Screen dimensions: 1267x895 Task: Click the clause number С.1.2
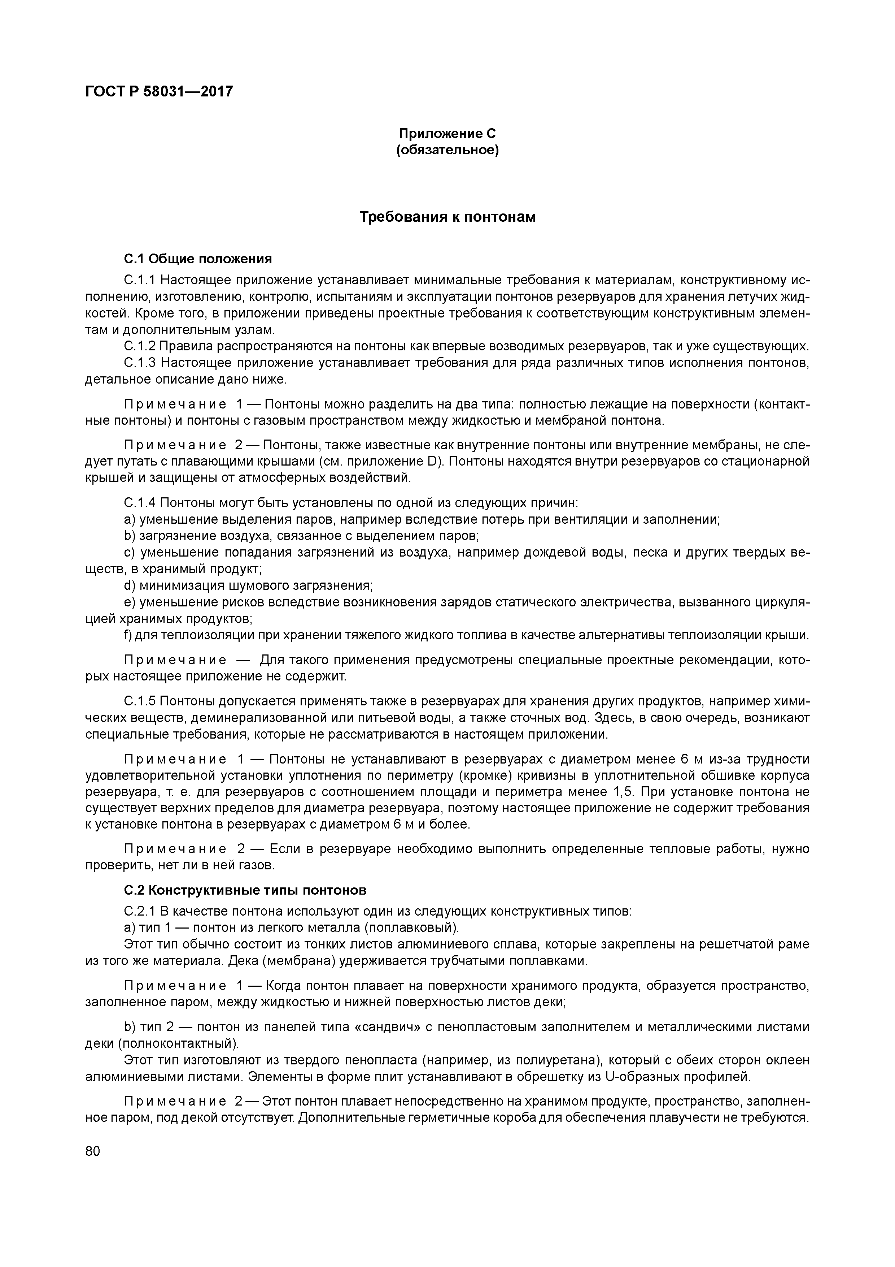coord(140,347)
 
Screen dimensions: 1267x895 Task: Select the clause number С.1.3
coord(140,363)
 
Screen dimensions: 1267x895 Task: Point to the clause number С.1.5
coord(140,701)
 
